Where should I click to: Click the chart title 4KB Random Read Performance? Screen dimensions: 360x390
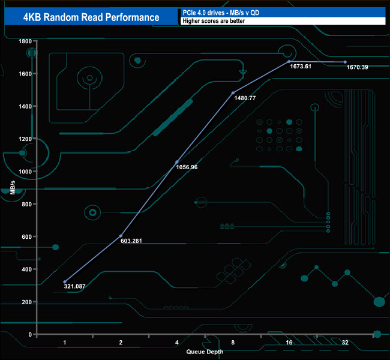point(91,17)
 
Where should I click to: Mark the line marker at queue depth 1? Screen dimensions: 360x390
point(65,281)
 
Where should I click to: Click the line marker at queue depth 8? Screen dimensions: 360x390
point(233,93)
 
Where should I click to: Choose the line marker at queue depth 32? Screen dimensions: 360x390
point(345,62)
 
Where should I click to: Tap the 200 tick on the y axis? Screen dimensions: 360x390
point(26,302)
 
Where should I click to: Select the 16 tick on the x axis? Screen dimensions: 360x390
point(289,342)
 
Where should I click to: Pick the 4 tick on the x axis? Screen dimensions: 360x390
point(176,342)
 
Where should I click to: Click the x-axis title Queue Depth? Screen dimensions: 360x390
point(205,352)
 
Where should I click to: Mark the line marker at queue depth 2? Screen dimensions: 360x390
point(121,236)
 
